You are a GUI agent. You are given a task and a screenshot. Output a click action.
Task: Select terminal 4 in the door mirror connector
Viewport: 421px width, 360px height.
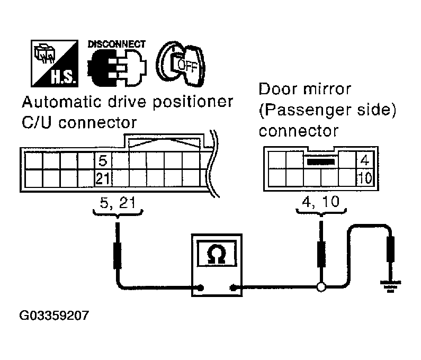364,160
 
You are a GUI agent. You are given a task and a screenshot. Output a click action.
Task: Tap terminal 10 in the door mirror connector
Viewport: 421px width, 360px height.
364,177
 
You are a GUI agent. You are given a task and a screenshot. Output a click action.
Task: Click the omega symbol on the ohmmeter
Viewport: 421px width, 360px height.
216,255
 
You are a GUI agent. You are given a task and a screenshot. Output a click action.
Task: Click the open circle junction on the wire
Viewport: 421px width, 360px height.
321,289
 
